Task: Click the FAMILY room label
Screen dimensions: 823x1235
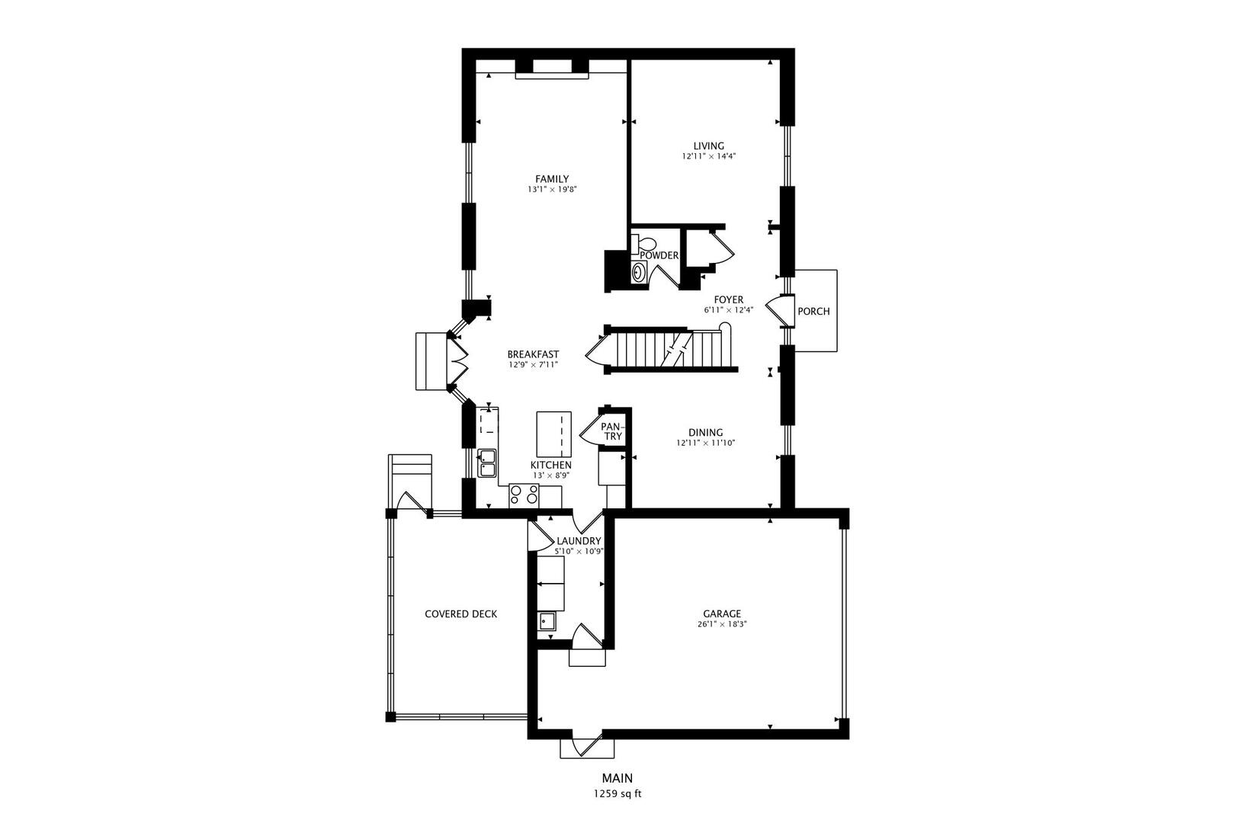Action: tap(551, 179)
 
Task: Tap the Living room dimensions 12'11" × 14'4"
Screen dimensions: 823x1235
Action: tap(708, 156)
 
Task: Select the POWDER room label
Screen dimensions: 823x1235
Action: tap(659, 255)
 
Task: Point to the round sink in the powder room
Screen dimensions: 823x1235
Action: tap(639, 272)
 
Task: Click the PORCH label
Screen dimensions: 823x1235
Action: tap(813, 311)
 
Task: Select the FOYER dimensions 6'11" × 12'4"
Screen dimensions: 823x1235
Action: tap(728, 310)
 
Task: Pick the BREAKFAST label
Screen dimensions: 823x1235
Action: tap(533, 354)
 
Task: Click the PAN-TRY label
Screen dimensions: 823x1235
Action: tap(611, 431)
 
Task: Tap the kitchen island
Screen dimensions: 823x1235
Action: tap(553, 434)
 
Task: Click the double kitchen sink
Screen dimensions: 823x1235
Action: tap(486, 463)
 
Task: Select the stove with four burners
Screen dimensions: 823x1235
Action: tap(524, 495)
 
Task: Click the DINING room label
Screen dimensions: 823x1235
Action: tap(705, 432)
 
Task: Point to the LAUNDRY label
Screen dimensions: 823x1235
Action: tap(579, 541)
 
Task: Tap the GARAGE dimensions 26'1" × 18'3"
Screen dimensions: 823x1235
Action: tap(721, 624)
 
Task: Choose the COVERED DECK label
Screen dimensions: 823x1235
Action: tap(460, 613)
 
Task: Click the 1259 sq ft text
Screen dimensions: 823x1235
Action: tap(617, 793)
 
